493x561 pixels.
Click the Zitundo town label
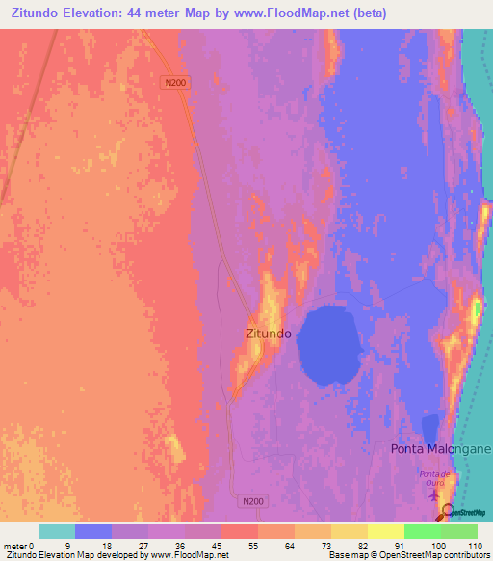[x=268, y=334]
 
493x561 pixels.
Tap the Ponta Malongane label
[x=441, y=449]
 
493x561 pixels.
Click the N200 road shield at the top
[x=175, y=83]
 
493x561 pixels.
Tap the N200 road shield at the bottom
[x=252, y=501]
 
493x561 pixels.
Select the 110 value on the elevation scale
[x=473, y=546]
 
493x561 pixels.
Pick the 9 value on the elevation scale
[x=67, y=546]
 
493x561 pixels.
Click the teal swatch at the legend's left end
[x=56, y=531]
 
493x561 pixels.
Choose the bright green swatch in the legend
[x=422, y=531]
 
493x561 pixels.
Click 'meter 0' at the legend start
[x=19, y=546]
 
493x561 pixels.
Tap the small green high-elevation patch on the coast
[x=476, y=310]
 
